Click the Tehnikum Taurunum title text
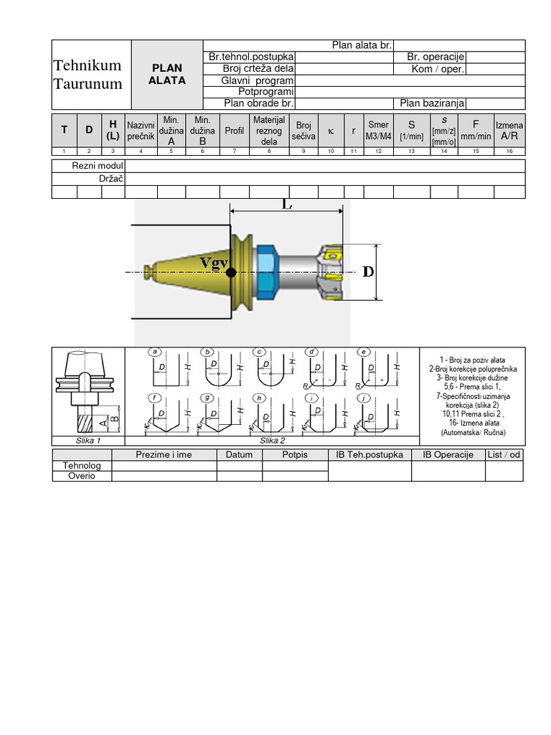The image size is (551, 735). pyautogui.click(x=88, y=74)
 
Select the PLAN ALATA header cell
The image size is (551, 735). pyautogui.click(x=167, y=74)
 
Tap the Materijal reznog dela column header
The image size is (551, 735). pyautogui.click(x=269, y=130)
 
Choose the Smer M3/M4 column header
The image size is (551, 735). pyautogui.click(x=378, y=130)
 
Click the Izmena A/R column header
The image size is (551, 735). pyautogui.click(x=509, y=130)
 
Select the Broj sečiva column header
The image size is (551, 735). pyautogui.click(x=304, y=130)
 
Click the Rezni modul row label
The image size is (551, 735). pyautogui.click(x=98, y=167)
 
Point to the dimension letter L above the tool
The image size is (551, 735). pyautogui.click(x=288, y=205)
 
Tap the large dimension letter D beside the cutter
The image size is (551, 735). pyautogui.click(x=368, y=272)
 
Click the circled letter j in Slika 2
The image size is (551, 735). pyautogui.click(x=364, y=398)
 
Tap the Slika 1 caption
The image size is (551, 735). pyautogui.click(x=88, y=440)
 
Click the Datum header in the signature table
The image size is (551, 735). pyautogui.click(x=239, y=454)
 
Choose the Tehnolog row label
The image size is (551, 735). pyautogui.click(x=82, y=465)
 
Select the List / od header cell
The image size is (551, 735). pyautogui.click(x=504, y=454)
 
